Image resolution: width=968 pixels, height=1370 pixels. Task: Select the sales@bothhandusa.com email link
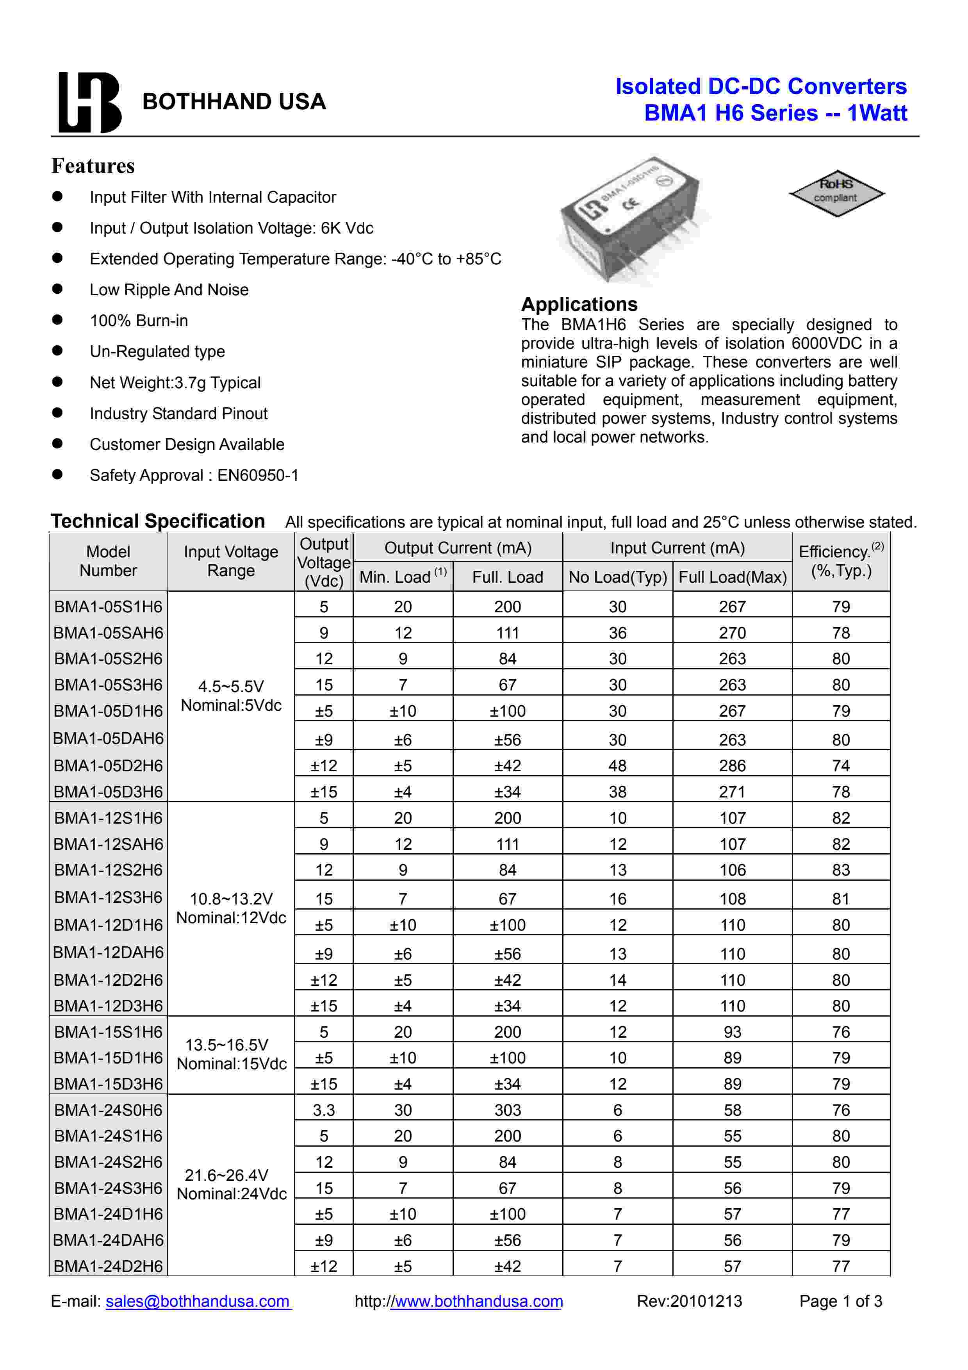[198, 1301]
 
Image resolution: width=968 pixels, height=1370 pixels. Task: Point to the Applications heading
[579, 304]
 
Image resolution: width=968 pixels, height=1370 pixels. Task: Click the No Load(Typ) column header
[617, 577]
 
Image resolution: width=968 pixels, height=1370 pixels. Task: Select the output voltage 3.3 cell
[323, 1110]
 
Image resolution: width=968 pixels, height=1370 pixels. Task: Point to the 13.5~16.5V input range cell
[232, 1054]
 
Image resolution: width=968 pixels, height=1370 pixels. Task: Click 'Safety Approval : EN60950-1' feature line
[194, 475]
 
